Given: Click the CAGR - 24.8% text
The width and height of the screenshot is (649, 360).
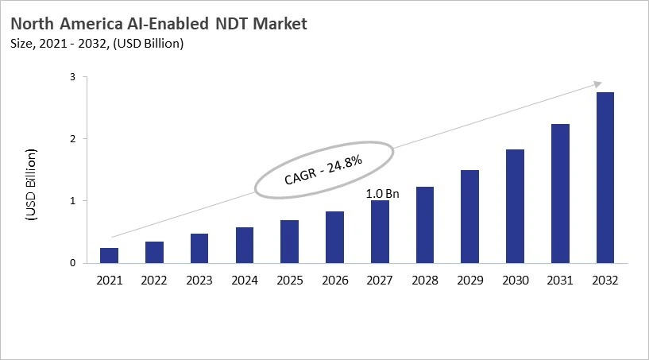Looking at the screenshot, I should click(323, 170).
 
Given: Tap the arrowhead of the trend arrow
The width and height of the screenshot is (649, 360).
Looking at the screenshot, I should click(597, 84).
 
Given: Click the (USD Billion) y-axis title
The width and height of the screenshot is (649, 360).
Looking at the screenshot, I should click(31, 183).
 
